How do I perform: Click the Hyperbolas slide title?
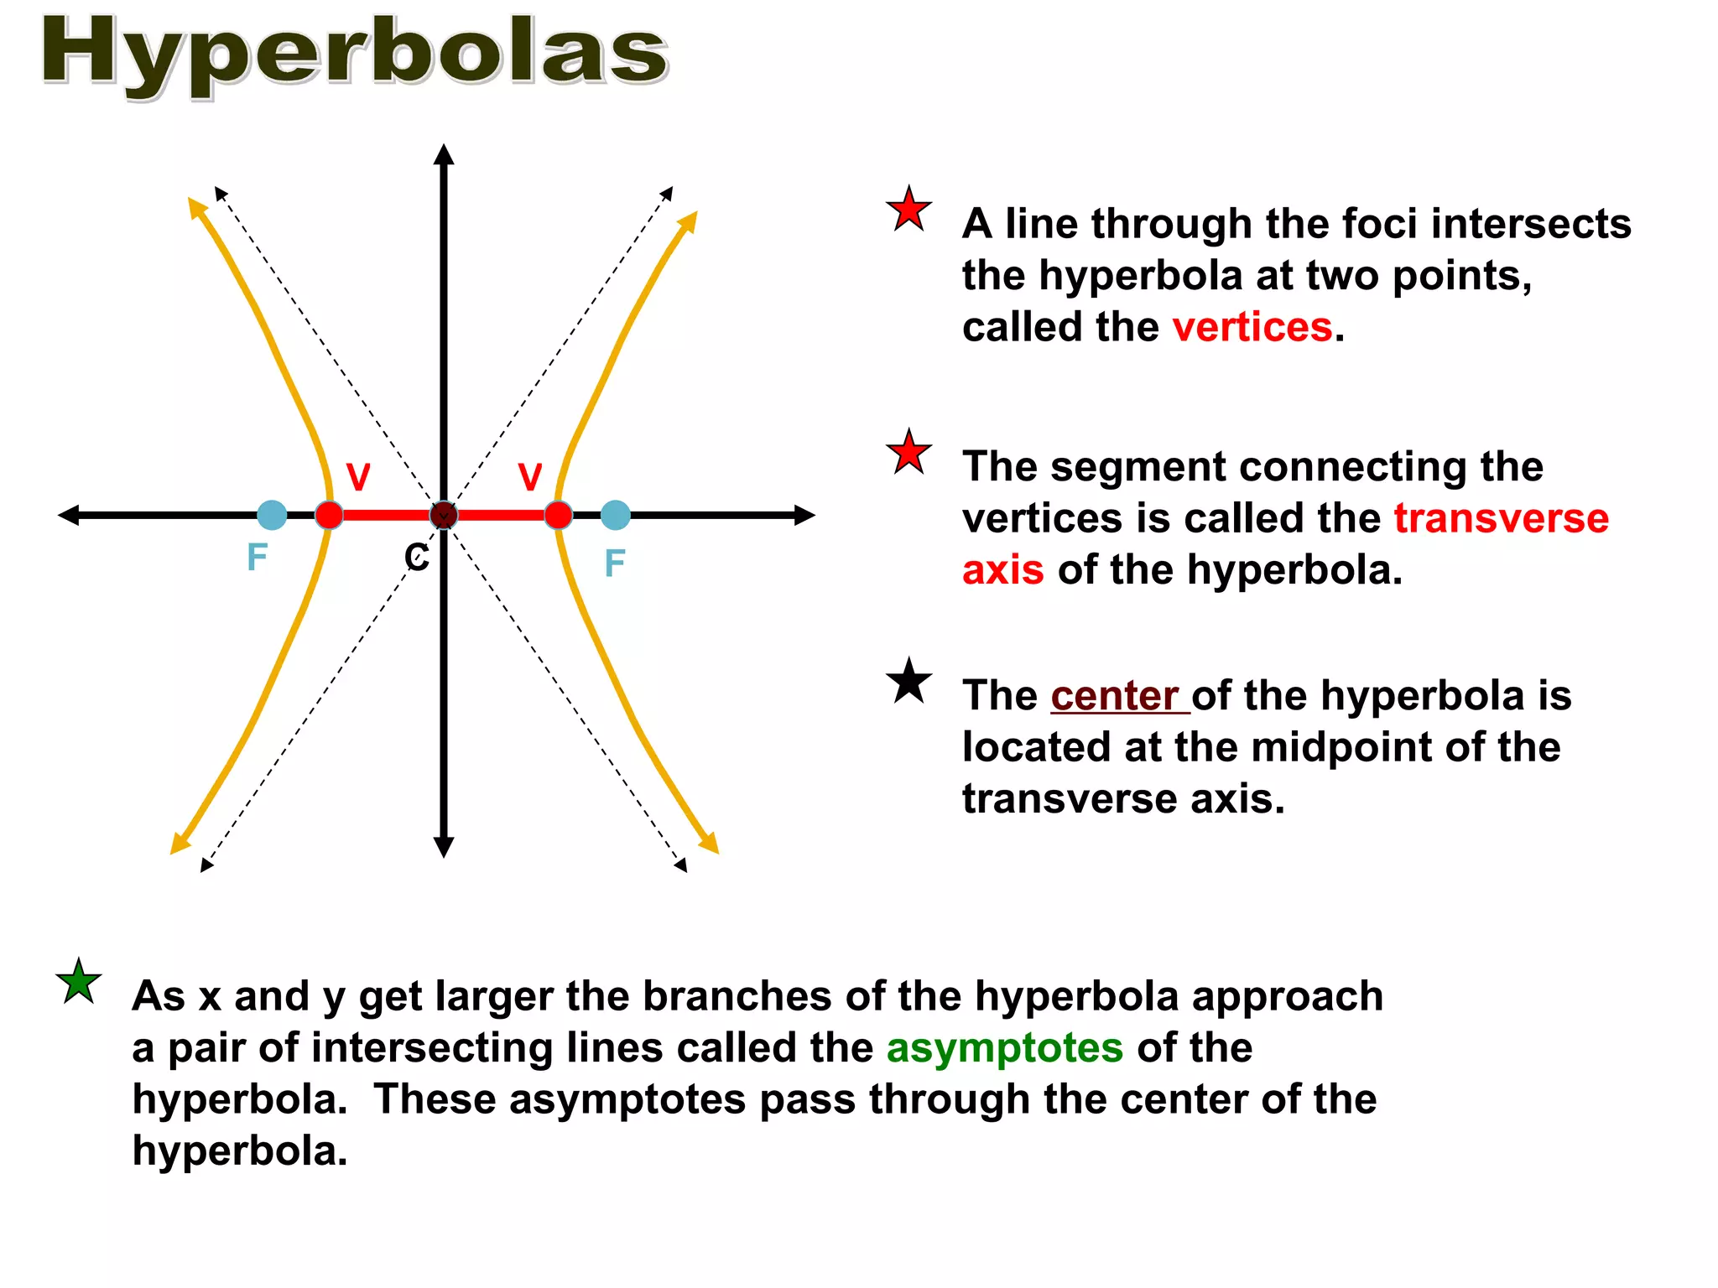(x=354, y=52)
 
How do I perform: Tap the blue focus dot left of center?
(x=271, y=515)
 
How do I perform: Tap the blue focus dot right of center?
(x=616, y=515)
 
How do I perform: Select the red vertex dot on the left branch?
(x=329, y=515)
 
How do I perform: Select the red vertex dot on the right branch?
(x=558, y=515)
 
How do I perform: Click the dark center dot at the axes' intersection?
(x=444, y=515)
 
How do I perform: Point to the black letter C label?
(x=417, y=558)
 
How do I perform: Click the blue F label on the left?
(x=257, y=558)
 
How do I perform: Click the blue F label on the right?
(x=615, y=563)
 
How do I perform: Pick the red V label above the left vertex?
(x=358, y=477)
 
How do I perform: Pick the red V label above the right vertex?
(x=530, y=477)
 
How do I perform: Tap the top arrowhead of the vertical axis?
(x=444, y=154)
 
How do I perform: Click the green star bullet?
(x=79, y=982)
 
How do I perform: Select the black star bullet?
(x=909, y=681)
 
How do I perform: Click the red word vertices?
(x=1252, y=327)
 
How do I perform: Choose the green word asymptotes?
(x=1005, y=1048)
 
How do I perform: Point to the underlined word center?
(x=1118, y=696)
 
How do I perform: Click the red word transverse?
(x=1502, y=518)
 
